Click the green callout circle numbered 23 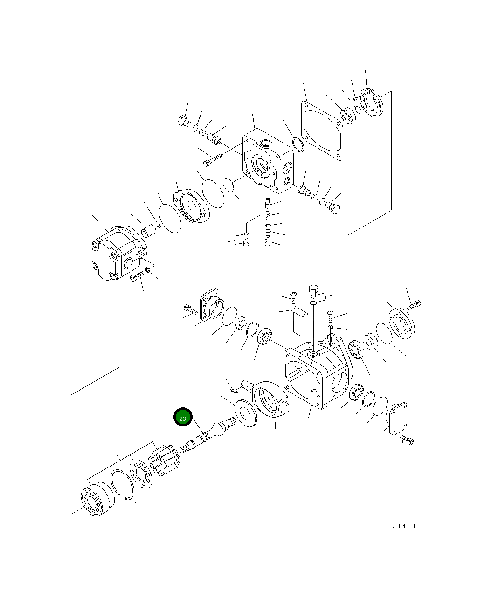pyautogui.click(x=183, y=417)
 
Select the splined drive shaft pyautogui.click(x=208, y=435)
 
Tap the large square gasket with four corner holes pyautogui.click(x=322, y=131)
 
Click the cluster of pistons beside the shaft pyautogui.click(x=165, y=460)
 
